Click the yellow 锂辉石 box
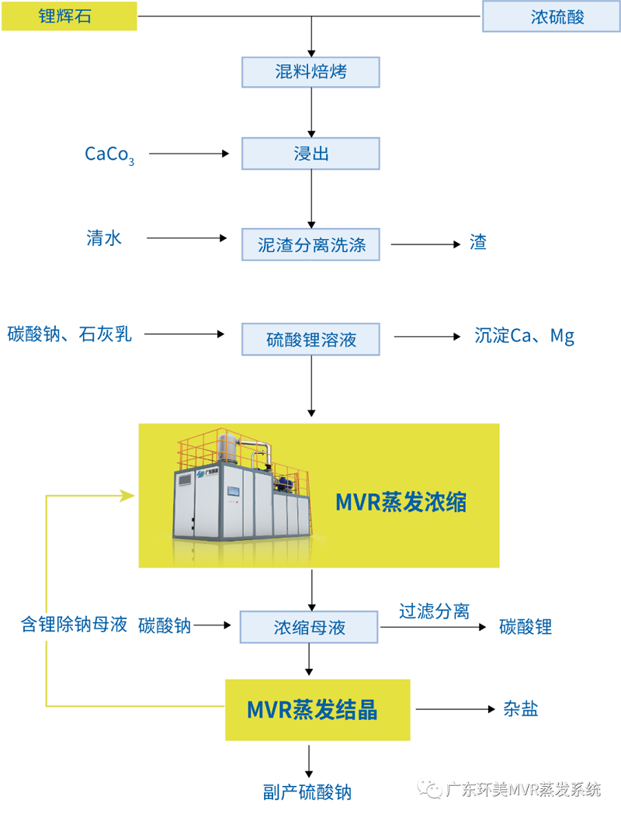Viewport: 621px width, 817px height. [69, 16]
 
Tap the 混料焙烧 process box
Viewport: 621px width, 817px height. [310, 72]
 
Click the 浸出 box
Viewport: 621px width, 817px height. [310, 153]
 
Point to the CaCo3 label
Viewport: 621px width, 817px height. [109, 154]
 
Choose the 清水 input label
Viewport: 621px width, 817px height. [104, 238]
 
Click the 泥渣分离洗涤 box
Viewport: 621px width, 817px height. [310, 245]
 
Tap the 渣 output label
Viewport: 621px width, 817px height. [478, 242]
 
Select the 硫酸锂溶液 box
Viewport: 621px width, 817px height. [310, 339]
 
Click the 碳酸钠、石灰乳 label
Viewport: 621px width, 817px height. [70, 334]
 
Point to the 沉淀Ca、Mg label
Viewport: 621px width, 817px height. [524, 336]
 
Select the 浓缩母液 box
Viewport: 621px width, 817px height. [309, 627]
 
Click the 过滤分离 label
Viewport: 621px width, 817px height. [434, 611]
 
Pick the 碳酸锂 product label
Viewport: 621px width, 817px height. [526, 627]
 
